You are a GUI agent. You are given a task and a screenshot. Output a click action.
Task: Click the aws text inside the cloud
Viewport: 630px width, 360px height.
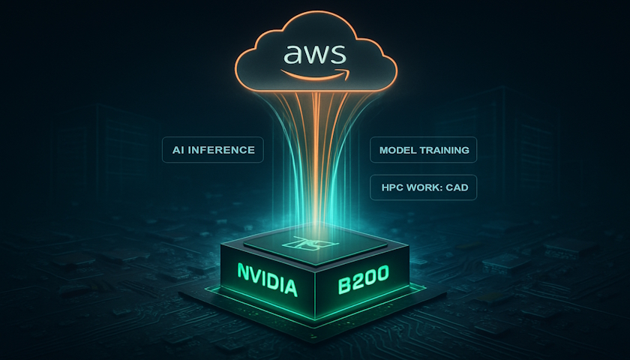point(314,54)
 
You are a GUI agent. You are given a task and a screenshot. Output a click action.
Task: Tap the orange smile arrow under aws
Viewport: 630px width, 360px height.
point(315,75)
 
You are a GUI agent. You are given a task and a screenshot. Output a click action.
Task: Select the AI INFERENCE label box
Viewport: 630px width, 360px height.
point(213,150)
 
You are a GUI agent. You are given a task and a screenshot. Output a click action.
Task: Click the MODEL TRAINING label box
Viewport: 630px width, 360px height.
point(424,150)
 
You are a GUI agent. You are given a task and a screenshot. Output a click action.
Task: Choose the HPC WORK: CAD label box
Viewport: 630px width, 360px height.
point(424,187)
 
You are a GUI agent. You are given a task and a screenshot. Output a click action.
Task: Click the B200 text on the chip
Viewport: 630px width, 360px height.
point(362,278)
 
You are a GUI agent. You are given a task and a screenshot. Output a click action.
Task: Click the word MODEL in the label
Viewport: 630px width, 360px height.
point(395,150)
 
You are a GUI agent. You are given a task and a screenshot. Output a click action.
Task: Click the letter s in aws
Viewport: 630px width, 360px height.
point(337,54)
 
